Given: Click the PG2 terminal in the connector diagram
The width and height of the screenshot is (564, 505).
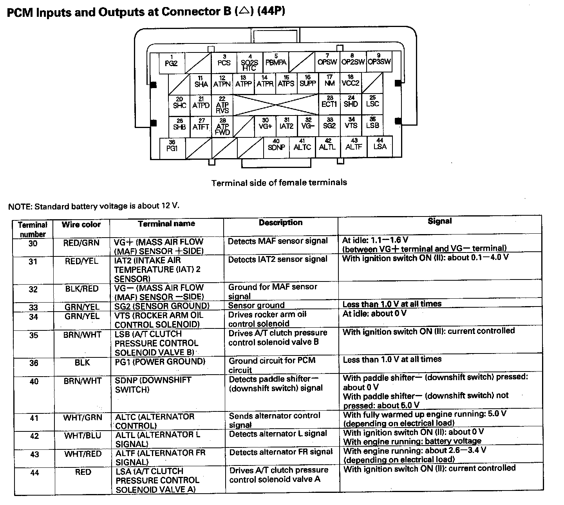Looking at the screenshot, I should (x=171, y=63).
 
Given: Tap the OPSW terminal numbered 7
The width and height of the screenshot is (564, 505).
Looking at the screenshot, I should (x=327, y=61).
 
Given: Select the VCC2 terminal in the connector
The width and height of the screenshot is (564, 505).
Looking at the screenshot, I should (x=351, y=83).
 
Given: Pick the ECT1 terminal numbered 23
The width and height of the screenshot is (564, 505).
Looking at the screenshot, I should (x=329, y=104).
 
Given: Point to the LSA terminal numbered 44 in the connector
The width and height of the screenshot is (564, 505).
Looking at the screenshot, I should (x=380, y=146).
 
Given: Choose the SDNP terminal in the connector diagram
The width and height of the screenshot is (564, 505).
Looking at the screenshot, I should (x=276, y=147).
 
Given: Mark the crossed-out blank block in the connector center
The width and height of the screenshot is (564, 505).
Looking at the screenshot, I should (x=276, y=105).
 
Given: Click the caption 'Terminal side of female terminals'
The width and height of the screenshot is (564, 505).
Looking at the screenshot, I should (x=279, y=183).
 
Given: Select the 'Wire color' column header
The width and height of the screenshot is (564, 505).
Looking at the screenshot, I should (x=81, y=225).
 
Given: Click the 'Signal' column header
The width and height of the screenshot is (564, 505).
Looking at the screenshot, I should (x=439, y=221).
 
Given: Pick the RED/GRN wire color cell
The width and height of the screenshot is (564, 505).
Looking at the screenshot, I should (x=81, y=243).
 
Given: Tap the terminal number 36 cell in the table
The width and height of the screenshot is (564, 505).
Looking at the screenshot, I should (x=34, y=363).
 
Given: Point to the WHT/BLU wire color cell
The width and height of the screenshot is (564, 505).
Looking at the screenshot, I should (x=82, y=436).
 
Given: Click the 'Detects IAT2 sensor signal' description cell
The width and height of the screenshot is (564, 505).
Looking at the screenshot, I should (x=278, y=259).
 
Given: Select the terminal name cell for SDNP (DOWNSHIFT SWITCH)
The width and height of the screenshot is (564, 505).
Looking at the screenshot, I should (x=153, y=385).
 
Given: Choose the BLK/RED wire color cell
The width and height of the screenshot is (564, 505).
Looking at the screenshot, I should (x=82, y=289).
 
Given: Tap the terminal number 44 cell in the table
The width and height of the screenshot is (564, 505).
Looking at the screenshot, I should (x=34, y=473).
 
